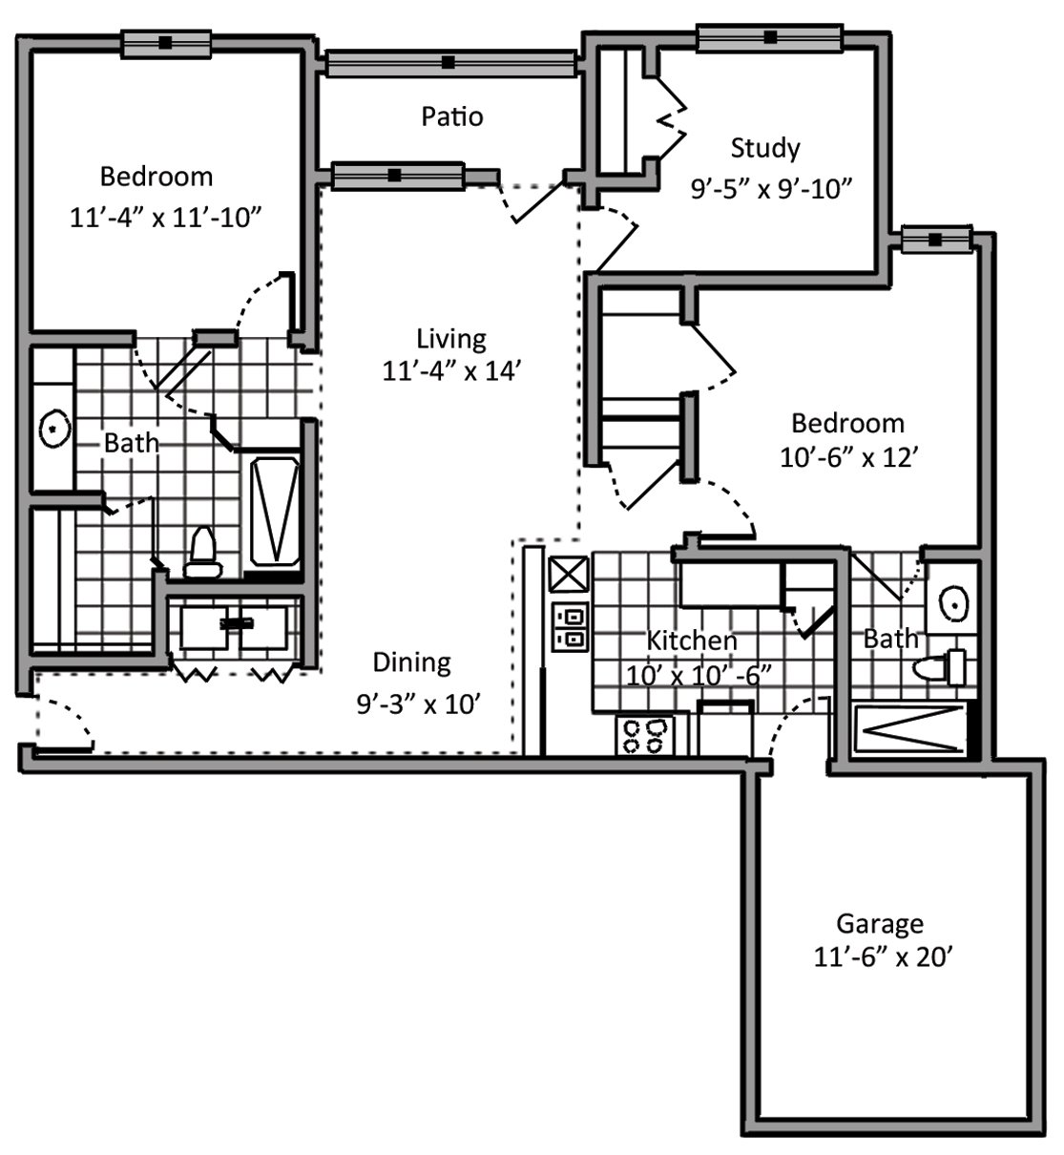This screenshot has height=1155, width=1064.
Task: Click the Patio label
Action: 452,116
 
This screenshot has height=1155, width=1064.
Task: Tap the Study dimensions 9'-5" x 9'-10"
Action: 770,188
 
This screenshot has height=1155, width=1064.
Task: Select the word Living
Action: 450,338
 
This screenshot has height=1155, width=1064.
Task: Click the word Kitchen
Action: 692,640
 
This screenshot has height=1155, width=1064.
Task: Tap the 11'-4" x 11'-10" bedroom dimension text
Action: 165,218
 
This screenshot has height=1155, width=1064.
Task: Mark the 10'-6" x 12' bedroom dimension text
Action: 848,457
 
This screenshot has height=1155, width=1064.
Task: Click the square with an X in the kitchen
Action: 570,576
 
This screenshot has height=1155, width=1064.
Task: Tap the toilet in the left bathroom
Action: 202,554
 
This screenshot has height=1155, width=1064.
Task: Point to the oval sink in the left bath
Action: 54,429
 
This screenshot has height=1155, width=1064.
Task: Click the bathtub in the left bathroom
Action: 274,512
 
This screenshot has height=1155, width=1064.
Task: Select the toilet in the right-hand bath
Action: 941,665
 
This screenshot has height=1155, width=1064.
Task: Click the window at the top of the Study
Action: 769,38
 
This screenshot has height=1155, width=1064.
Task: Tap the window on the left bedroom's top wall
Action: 165,43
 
